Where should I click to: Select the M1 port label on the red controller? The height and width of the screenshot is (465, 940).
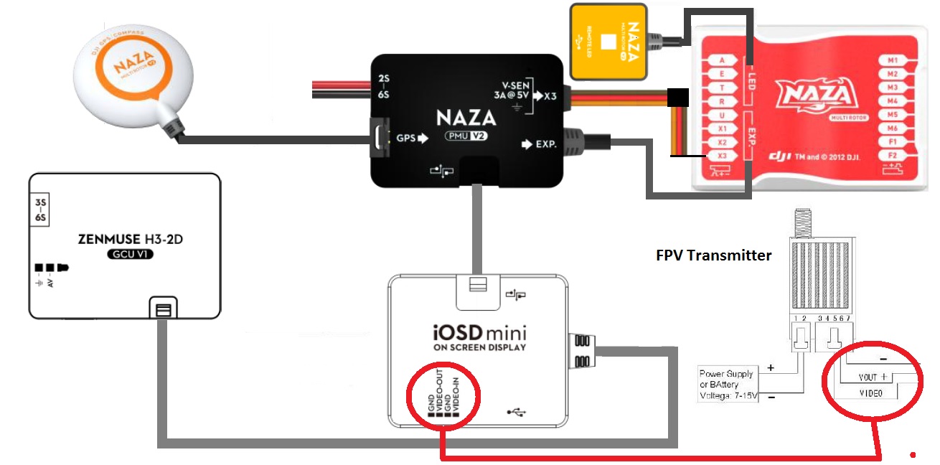coord(893,61)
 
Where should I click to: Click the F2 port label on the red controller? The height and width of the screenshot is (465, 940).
coord(893,155)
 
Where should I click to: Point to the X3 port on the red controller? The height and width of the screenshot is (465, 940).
coord(722,155)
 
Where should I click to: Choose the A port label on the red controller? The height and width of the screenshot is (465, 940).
coord(722,61)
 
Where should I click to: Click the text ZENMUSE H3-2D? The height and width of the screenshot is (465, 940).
coord(129,240)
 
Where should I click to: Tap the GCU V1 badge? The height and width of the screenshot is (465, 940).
coord(129,255)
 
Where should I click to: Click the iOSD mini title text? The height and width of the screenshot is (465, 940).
coord(479,334)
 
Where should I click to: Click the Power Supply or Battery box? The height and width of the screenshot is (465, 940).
coord(727,385)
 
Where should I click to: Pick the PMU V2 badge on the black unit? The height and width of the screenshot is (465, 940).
coord(466,136)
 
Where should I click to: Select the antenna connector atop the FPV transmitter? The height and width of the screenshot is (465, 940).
coord(802,220)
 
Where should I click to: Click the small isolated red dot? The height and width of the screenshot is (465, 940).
coord(913,454)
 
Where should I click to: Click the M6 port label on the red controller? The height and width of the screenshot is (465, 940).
coord(893,128)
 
